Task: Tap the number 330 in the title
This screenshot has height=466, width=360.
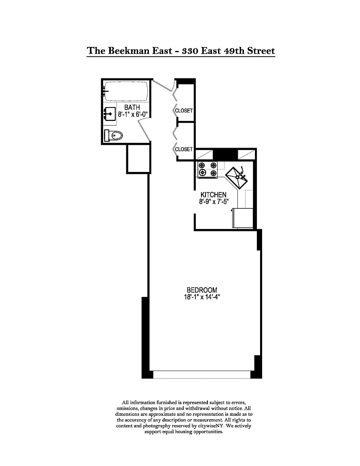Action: [x=190, y=51]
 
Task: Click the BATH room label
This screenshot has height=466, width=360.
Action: [x=132, y=107]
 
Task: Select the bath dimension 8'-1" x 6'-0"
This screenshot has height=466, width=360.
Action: [x=133, y=114]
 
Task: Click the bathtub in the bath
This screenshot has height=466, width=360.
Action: [x=126, y=91]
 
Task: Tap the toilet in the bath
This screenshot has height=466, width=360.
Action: [x=113, y=136]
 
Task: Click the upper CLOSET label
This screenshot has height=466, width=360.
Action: [x=184, y=110]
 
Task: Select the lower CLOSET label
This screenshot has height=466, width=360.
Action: [x=184, y=149]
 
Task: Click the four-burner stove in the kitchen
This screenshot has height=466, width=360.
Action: [x=208, y=169]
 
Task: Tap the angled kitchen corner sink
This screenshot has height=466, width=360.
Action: [x=237, y=178]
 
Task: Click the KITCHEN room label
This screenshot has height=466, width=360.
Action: [x=214, y=195]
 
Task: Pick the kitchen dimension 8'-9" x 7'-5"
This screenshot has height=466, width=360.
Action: [x=214, y=201]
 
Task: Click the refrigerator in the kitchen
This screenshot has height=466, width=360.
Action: [x=243, y=218]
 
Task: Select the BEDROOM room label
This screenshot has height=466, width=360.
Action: [x=202, y=290]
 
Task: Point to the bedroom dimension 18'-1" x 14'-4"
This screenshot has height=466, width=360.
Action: [x=202, y=297]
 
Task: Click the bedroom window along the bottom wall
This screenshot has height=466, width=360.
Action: [x=202, y=375]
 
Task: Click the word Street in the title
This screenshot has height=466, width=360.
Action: [x=261, y=51]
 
